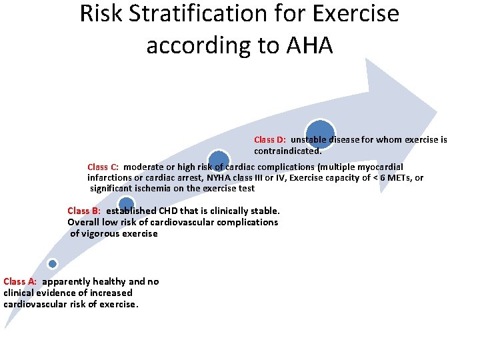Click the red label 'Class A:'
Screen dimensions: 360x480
pos(20,281)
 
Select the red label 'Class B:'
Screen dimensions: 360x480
pos(84,211)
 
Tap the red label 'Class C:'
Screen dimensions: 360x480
pos(103,167)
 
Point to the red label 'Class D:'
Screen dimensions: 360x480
pos(270,140)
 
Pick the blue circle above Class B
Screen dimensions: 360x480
pos(126,205)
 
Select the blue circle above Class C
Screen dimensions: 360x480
pos(218,160)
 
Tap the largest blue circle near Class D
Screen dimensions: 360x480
pos(320,133)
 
